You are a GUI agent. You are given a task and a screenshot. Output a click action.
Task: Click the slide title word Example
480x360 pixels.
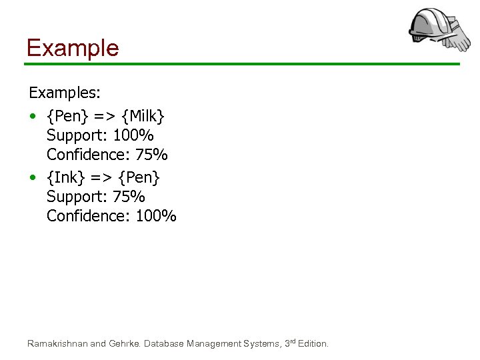pyautogui.click(x=72, y=48)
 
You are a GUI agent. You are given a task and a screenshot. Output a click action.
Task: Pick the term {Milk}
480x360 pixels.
pyautogui.click(x=142, y=117)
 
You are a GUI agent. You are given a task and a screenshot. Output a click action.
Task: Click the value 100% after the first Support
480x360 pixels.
pyautogui.click(x=133, y=136)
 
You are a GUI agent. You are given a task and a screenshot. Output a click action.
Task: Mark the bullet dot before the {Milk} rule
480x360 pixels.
pyautogui.click(x=33, y=117)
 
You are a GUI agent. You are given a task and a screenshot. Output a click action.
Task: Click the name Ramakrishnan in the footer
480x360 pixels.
pyautogui.click(x=57, y=344)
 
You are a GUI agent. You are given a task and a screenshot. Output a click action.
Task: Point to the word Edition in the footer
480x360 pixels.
pyautogui.click(x=312, y=344)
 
